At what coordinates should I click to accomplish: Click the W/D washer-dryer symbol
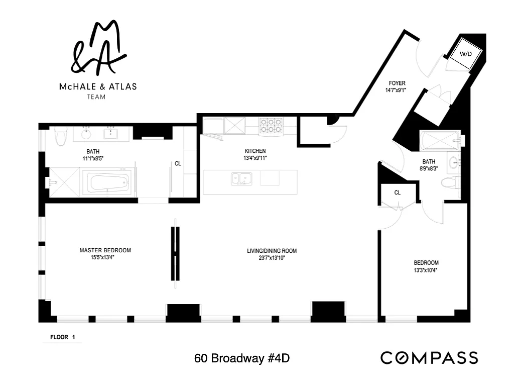click(466, 54)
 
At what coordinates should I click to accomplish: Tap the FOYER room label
click(397, 83)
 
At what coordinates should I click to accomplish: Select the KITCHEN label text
click(255, 151)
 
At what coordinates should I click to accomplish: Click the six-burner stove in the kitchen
click(271, 126)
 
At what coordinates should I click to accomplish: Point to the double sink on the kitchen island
click(241, 179)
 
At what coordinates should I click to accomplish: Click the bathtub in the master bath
click(109, 182)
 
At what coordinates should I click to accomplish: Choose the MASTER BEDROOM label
click(105, 250)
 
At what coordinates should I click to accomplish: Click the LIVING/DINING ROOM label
click(272, 251)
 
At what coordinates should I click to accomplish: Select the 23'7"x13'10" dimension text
click(272, 258)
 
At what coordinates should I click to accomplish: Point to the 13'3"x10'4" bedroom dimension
click(426, 270)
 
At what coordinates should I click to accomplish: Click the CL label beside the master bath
click(178, 163)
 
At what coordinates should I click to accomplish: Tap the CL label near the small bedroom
click(398, 192)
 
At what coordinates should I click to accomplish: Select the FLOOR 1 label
click(63, 337)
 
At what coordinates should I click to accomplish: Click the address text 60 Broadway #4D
click(242, 358)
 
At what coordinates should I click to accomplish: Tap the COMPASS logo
click(429, 358)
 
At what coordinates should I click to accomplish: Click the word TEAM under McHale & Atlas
click(96, 97)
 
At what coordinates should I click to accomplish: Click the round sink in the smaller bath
click(454, 162)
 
